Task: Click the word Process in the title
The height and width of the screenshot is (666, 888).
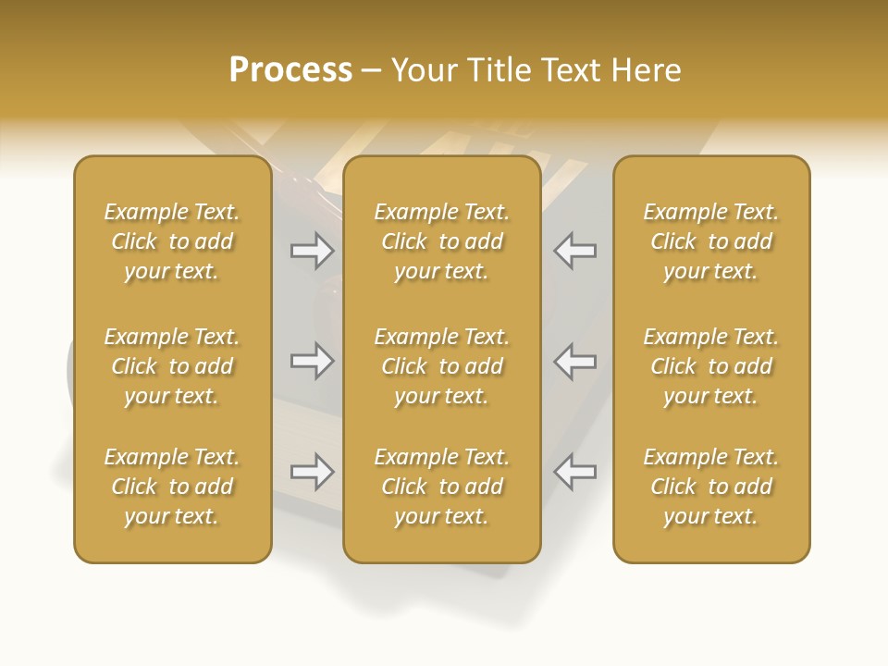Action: pos(290,70)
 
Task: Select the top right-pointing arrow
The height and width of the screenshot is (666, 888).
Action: pos(312,251)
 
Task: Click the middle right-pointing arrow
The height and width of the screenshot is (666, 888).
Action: pos(312,362)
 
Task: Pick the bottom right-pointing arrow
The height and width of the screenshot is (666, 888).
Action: pos(312,472)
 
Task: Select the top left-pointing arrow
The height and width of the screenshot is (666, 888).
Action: pos(574,251)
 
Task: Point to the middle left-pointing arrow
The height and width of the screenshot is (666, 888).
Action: pos(574,362)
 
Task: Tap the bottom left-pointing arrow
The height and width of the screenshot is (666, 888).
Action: pos(574,472)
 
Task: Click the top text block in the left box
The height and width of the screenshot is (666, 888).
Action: pos(172,241)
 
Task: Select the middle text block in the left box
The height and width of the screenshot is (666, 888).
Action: pos(172,366)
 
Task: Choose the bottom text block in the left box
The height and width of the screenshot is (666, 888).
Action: pos(172,487)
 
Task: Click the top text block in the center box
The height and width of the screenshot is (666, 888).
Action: pos(442,241)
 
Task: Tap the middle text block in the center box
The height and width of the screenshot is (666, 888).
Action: pos(442,366)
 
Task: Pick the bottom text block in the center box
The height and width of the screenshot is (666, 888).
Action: pos(442,487)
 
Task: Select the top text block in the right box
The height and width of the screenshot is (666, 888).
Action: pos(711,241)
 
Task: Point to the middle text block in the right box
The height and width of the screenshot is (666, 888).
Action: pos(711,366)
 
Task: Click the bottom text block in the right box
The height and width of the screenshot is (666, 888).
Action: pos(711,487)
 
